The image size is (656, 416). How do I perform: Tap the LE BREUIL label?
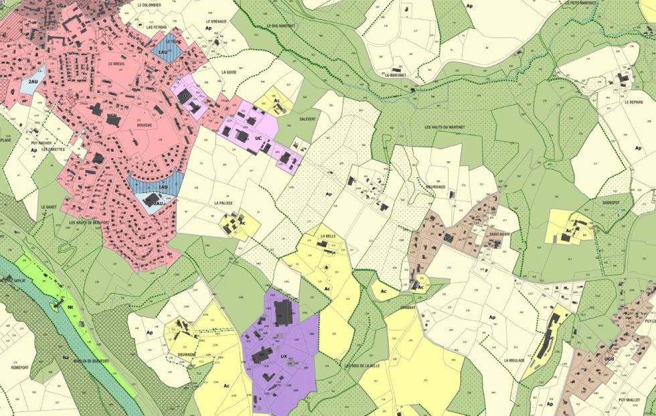pyautogui.click(x=116, y=64)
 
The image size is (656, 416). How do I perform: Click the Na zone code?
pyautogui.click(x=65, y=357)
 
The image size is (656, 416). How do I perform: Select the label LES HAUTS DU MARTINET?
pyautogui.click(x=444, y=127)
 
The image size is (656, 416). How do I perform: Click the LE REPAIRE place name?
pyautogui.click(x=633, y=102)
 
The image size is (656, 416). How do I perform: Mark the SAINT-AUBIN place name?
pyautogui.click(x=499, y=234)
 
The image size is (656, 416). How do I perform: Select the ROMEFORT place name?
pyautogui.click(x=22, y=367)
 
